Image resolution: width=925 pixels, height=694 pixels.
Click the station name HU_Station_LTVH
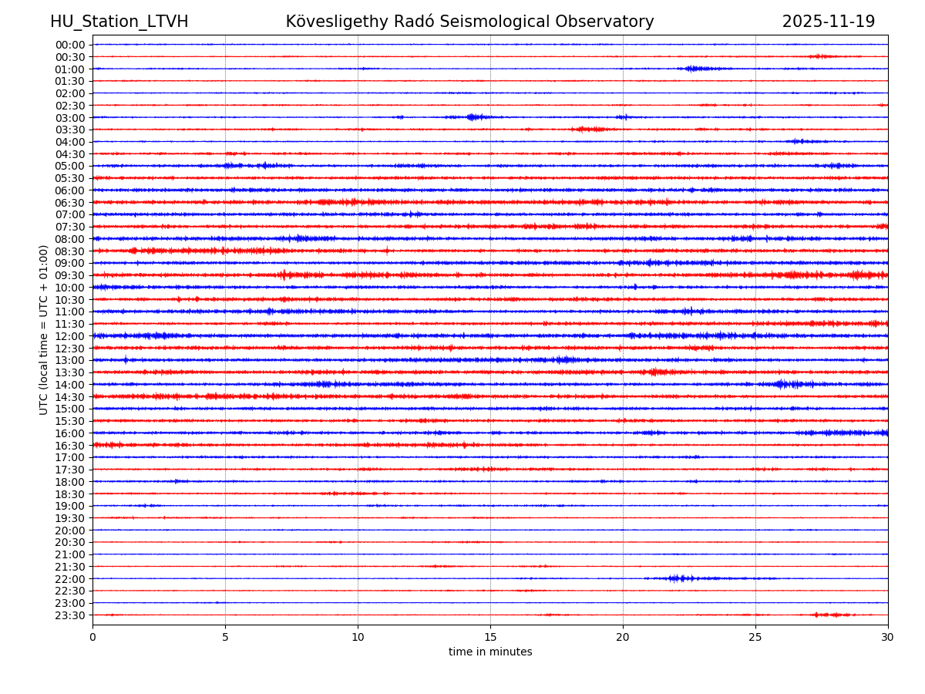(119, 22)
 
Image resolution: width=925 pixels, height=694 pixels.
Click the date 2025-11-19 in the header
(828, 22)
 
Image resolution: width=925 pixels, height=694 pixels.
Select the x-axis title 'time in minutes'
(490, 652)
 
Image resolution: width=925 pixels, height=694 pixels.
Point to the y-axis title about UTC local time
(44, 329)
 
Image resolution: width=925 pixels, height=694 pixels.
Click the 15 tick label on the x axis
(490, 637)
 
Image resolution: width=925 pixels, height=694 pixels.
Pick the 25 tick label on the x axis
(755, 637)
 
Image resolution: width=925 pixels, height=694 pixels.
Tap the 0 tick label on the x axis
(92, 637)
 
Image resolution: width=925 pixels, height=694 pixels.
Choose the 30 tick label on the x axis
(888, 637)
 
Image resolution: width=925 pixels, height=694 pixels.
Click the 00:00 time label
(70, 45)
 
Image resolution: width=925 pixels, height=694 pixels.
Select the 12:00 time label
(70, 336)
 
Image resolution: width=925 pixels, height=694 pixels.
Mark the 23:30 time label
(70, 615)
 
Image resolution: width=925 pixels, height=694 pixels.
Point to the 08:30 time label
(70, 251)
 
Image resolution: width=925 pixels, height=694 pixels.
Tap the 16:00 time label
(70, 433)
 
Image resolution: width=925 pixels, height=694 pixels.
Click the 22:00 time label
(70, 579)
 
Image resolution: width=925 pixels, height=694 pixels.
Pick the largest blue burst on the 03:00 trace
(475, 117)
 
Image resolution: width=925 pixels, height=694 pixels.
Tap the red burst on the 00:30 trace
(822, 56)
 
